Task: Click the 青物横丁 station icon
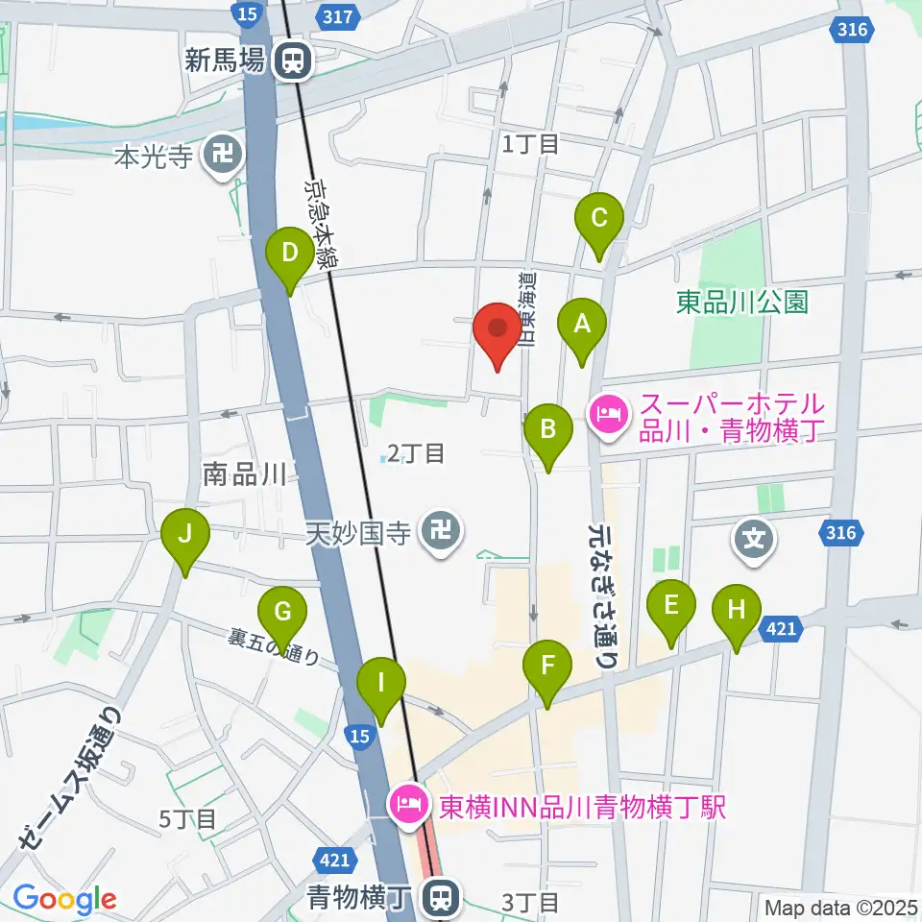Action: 441,899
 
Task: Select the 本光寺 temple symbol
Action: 224,154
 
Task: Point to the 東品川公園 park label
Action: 741,303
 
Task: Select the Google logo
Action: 64,900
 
